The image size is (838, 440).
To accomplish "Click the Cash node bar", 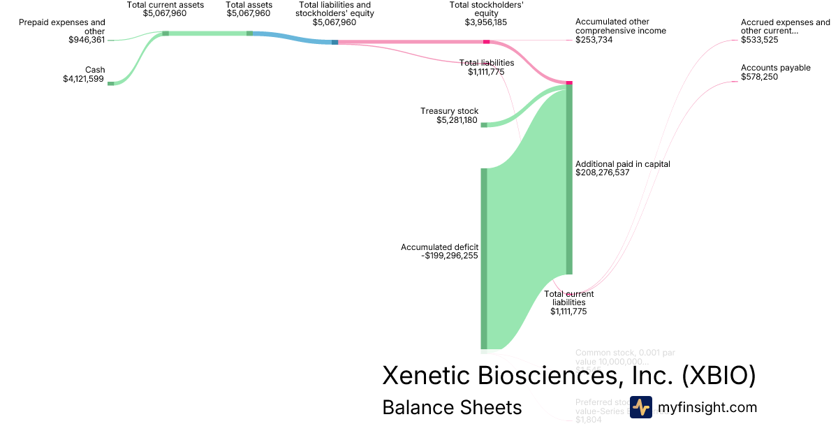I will [110, 83].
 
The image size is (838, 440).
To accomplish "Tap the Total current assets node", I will [166, 33].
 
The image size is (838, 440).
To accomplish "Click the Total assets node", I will [249, 33].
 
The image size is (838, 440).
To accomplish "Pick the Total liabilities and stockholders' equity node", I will [335, 42].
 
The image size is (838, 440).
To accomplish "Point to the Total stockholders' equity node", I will [486, 42].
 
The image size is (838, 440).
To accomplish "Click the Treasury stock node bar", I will [483, 125].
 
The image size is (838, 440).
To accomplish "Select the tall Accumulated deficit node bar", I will [483, 258].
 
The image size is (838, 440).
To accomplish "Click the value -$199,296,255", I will [450, 256].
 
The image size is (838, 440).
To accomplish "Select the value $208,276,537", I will [602, 173].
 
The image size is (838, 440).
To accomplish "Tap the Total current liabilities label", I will [569, 298].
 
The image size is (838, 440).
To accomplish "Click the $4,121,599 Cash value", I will [83, 79].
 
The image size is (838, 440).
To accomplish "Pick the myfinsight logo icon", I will [640, 407].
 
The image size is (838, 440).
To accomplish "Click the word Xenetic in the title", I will [426, 376].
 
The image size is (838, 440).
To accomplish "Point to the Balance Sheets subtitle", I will [452, 407].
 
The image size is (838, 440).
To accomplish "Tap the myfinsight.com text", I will [707, 407].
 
